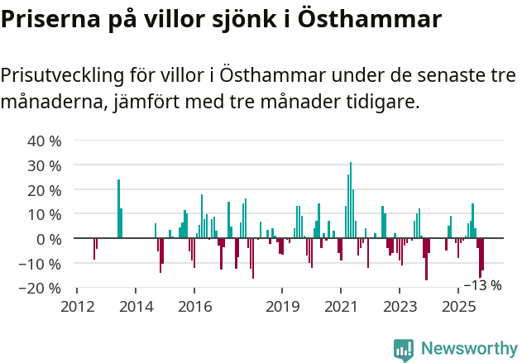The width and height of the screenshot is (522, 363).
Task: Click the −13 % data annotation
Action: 482,285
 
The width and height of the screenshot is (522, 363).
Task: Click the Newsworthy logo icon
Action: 404,350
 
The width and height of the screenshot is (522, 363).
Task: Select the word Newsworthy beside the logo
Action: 468,350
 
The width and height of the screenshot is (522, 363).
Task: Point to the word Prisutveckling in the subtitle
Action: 61,76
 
